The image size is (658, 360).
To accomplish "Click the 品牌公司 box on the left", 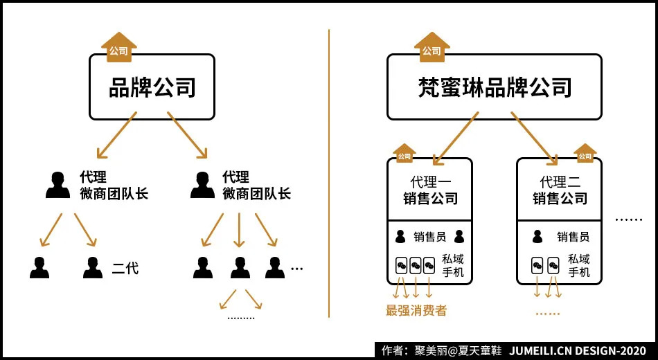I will (152, 87).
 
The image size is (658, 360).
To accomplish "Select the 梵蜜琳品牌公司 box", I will (494, 87).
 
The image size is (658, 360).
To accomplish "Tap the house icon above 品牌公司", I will (119, 47).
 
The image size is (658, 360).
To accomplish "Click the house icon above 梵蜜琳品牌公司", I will (432, 47).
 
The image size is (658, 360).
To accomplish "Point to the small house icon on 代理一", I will (404, 154).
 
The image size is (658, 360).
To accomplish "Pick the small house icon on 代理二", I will (585, 154).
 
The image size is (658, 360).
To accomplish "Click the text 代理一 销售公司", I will (430, 190).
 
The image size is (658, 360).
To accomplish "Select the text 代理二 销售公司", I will (560, 190).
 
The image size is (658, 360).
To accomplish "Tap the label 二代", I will (125, 268).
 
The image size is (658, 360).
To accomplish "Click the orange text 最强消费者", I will (416, 310).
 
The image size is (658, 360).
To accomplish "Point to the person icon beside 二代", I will (92, 267).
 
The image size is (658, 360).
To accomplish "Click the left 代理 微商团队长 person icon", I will (57, 185).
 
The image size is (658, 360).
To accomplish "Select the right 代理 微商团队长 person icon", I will (202, 185).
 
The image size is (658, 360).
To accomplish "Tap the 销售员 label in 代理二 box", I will (573, 237).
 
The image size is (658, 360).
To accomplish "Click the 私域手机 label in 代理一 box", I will (452, 266).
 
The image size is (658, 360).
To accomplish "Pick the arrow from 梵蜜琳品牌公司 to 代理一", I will (455, 138).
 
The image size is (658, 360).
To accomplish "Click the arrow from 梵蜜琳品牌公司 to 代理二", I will (534, 138).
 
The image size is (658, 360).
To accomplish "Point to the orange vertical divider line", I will (329, 173).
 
